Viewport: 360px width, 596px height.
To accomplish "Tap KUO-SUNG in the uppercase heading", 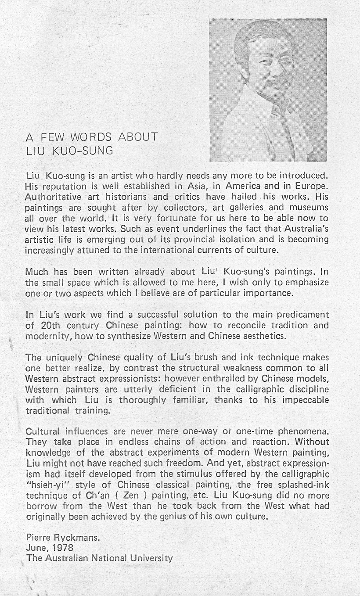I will pyautogui.click(x=83, y=151).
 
